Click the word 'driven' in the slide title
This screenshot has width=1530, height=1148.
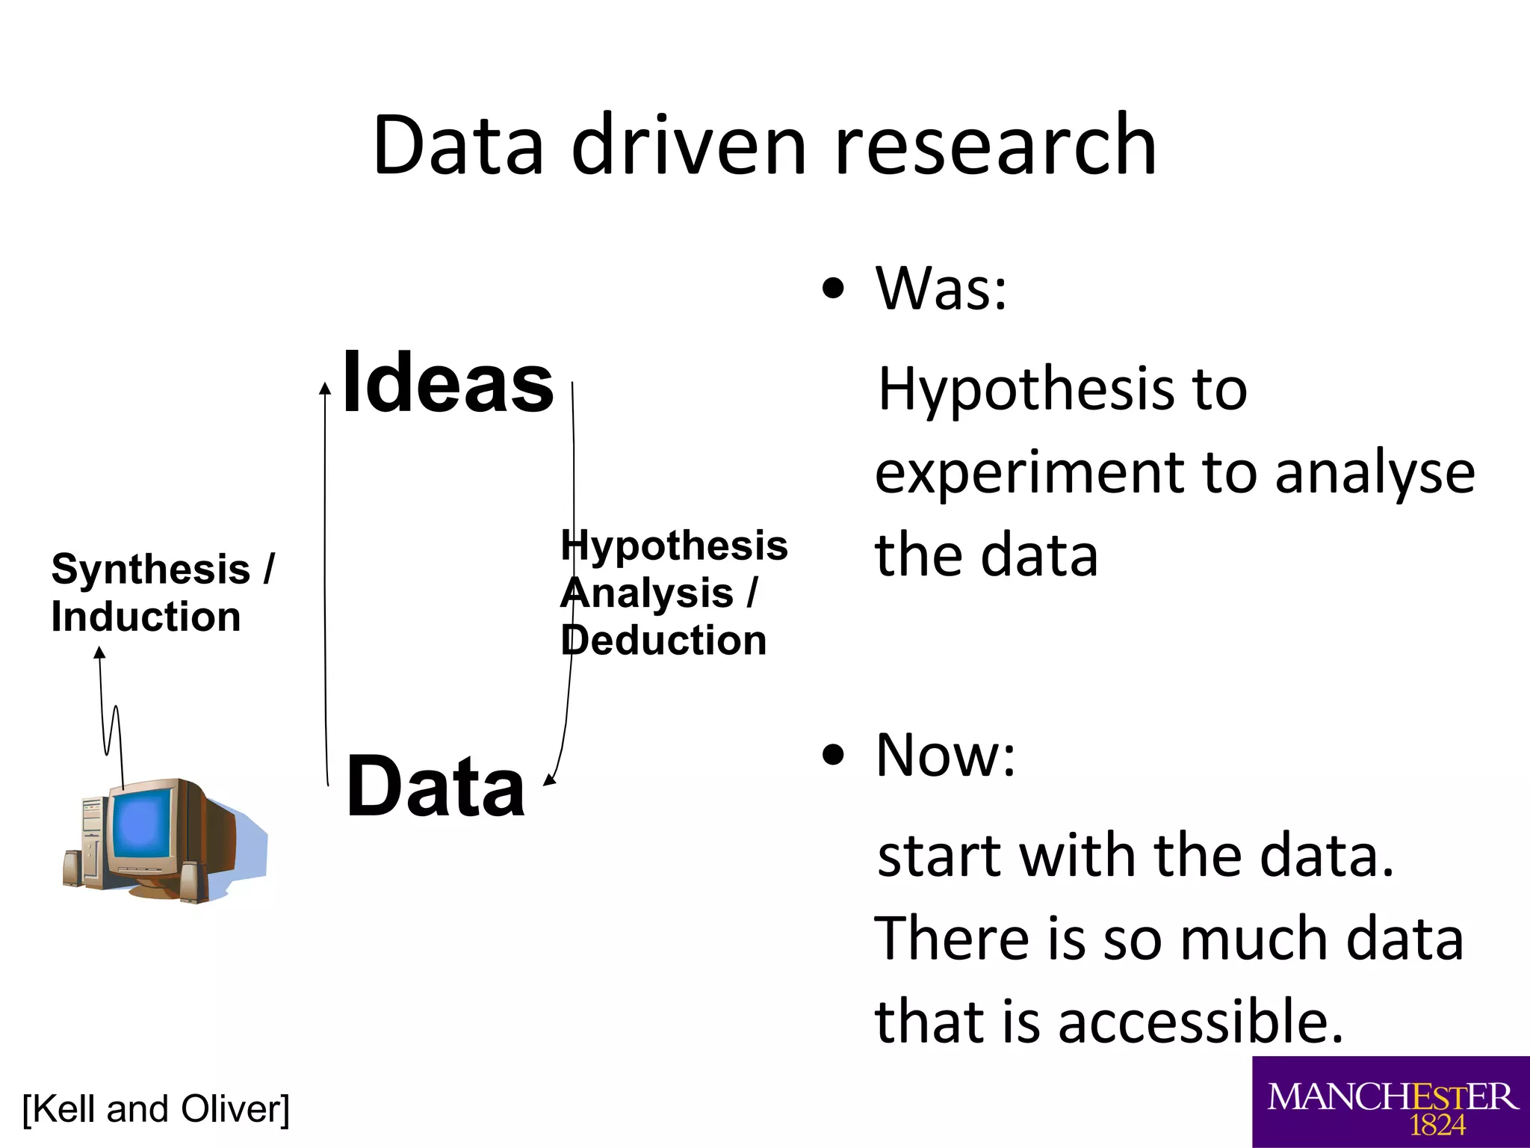tap(688, 145)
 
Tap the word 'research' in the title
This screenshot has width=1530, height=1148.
tap(994, 145)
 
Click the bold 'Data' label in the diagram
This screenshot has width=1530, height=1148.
tap(436, 787)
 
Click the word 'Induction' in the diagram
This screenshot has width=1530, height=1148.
tap(146, 617)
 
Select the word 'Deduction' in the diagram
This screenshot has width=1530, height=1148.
tap(664, 641)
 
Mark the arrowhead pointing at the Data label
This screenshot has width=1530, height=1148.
tap(550, 780)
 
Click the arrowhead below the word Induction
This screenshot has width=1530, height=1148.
tap(99, 653)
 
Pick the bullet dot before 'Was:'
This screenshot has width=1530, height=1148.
tap(832, 288)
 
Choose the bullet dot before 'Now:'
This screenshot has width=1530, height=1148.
tap(832, 755)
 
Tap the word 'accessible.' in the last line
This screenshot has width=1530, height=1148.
tap(1200, 1022)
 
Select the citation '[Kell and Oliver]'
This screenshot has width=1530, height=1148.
tap(156, 1108)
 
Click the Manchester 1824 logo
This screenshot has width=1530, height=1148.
tap(1391, 1102)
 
